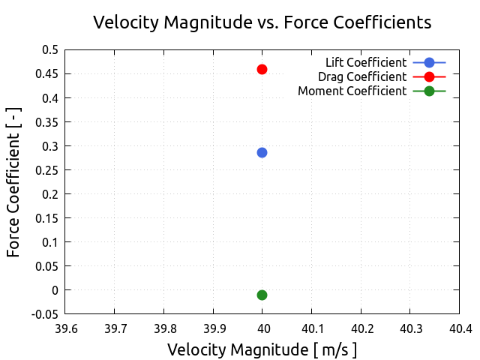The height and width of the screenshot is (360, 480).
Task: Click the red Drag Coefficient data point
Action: [262, 69]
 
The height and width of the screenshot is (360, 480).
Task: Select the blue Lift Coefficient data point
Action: [262, 152]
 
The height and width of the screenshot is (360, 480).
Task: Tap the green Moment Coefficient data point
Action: [262, 295]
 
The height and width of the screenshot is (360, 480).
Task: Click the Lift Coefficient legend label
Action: [366, 62]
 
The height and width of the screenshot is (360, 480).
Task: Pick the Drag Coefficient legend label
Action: [362, 76]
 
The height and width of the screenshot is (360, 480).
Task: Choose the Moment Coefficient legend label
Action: [352, 91]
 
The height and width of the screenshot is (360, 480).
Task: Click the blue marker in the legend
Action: [429, 62]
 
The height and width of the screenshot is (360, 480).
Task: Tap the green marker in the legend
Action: [429, 91]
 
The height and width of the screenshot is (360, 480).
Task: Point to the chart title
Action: [262, 22]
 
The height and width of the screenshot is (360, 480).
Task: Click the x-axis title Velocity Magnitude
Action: [262, 349]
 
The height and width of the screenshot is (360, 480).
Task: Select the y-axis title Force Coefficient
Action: [13, 181]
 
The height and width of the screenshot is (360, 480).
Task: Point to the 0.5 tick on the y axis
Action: [50, 49]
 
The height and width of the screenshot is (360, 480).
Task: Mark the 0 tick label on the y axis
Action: [54, 290]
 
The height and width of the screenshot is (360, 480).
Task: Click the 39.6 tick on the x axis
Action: [64, 328]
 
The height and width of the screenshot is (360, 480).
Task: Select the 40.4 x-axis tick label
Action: [460, 328]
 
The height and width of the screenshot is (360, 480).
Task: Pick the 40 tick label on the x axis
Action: [262, 328]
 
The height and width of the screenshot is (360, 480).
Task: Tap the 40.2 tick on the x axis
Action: [361, 328]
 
